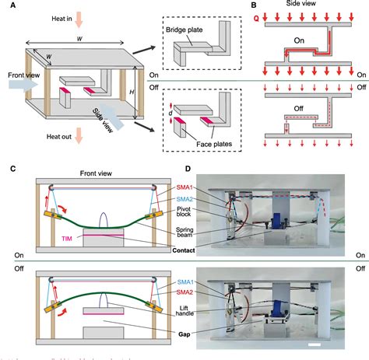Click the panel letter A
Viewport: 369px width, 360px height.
pos(7,5)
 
